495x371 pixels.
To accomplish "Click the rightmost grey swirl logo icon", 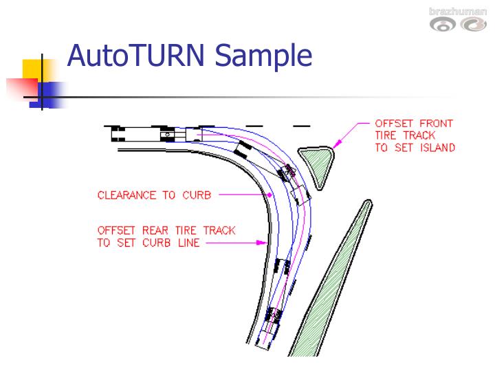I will coord(474,25).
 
